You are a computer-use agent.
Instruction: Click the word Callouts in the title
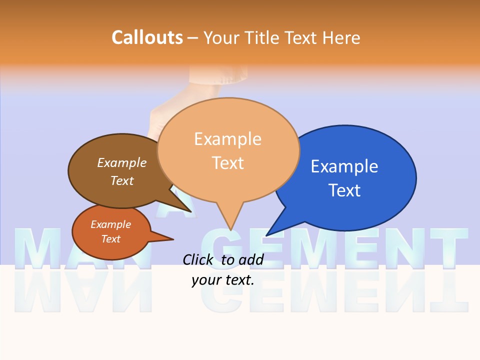147,37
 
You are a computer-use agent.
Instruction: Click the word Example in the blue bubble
344,166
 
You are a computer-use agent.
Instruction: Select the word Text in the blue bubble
344,190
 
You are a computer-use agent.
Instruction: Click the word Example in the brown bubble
122,162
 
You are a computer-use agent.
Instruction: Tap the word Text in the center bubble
228,163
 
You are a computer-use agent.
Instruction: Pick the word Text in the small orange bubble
111,239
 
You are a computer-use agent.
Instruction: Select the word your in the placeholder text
205,280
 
